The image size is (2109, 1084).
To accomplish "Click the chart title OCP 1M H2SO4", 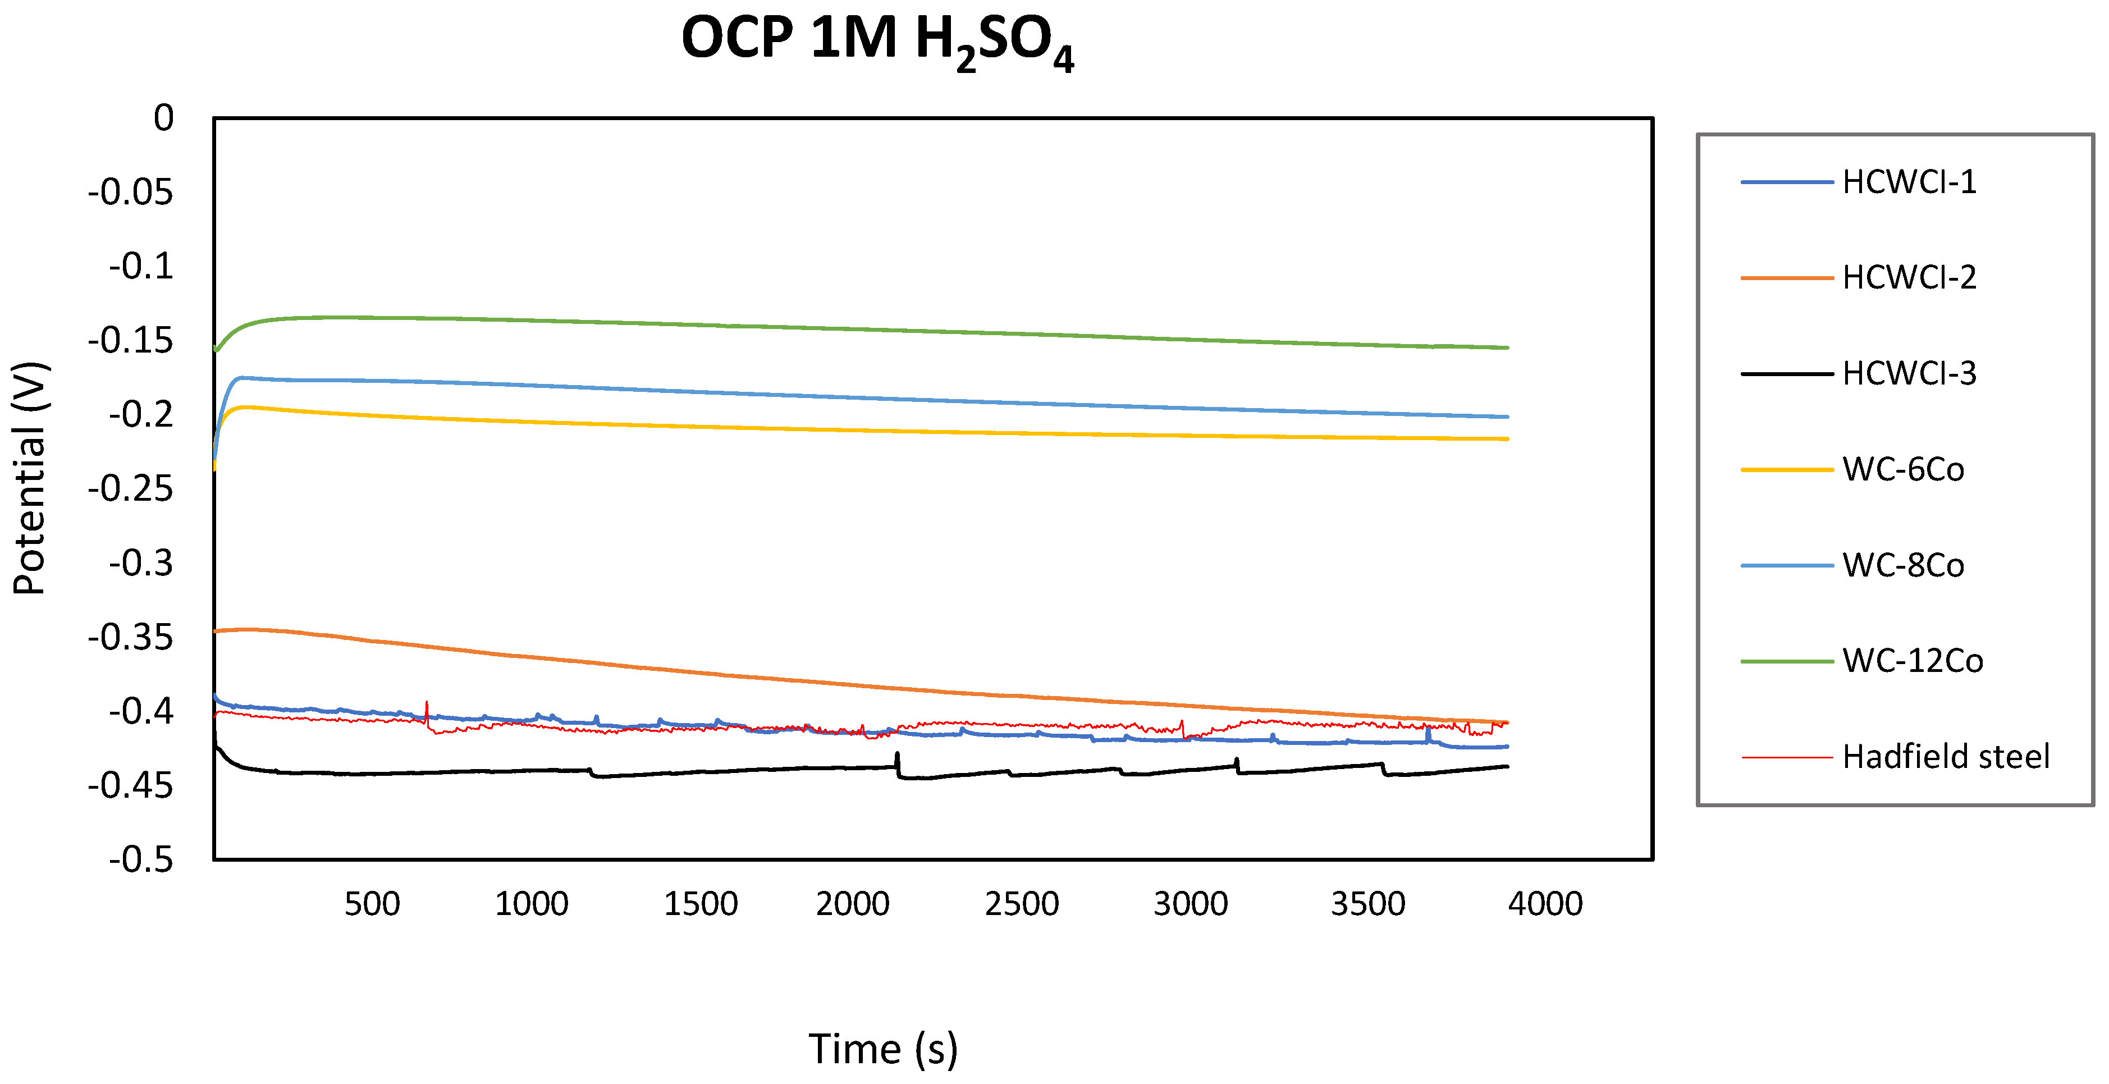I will point(877,41).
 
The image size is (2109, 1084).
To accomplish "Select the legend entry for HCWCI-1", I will point(1909,182).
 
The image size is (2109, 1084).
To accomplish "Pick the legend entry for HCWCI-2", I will point(1909,277).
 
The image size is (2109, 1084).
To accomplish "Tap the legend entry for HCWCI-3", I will point(1909,373).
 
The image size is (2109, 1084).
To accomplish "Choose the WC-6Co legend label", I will point(1902,469).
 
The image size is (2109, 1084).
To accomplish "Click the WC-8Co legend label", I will point(1902,565).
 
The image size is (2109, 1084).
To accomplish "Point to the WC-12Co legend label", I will point(1913,661).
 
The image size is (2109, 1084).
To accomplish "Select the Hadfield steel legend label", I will point(1945,757).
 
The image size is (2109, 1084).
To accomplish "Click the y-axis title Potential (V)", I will point(30,478).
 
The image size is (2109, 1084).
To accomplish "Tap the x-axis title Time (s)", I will point(882,1049).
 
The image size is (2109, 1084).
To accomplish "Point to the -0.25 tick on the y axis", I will point(131,489).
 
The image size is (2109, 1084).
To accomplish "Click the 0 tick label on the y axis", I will point(164,118).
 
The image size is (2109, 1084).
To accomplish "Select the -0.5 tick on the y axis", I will point(141,859).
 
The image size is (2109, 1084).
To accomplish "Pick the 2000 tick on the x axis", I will point(852,904).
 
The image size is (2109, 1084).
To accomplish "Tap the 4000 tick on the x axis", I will point(1545,904).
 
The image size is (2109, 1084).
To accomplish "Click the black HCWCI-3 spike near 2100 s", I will point(897,755).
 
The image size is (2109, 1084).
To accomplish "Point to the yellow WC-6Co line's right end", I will point(1507,439).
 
